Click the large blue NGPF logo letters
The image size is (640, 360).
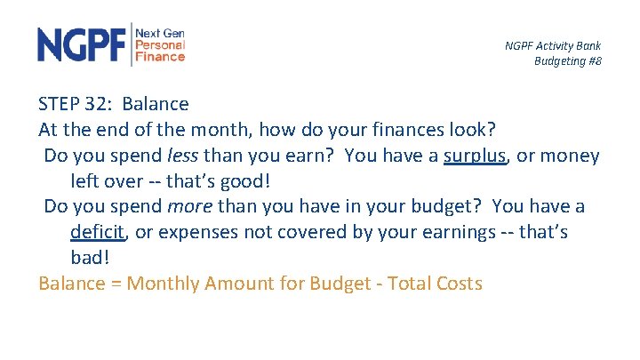pyautogui.click(x=82, y=44)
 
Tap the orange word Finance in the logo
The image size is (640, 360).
pyautogui.click(x=160, y=57)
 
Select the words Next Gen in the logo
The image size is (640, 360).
pyautogui.click(x=160, y=33)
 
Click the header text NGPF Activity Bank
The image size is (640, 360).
pyautogui.click(x=553, y=45)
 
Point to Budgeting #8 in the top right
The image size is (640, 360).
pyautogui.click(x=567, y=60)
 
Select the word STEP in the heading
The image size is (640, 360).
pyautogui.click(x=61, y=105)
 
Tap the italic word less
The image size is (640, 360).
pyautogui.click(x=183, y=156)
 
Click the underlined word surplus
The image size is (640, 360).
pyautogui.click(x=475, y=156)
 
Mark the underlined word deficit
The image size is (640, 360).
pyautogui.click(x=99, y=233)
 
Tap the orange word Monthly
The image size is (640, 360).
pyautogui.click(x=164, y=284)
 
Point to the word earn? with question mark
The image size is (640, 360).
pyautogui.click(x=312, y=156)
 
